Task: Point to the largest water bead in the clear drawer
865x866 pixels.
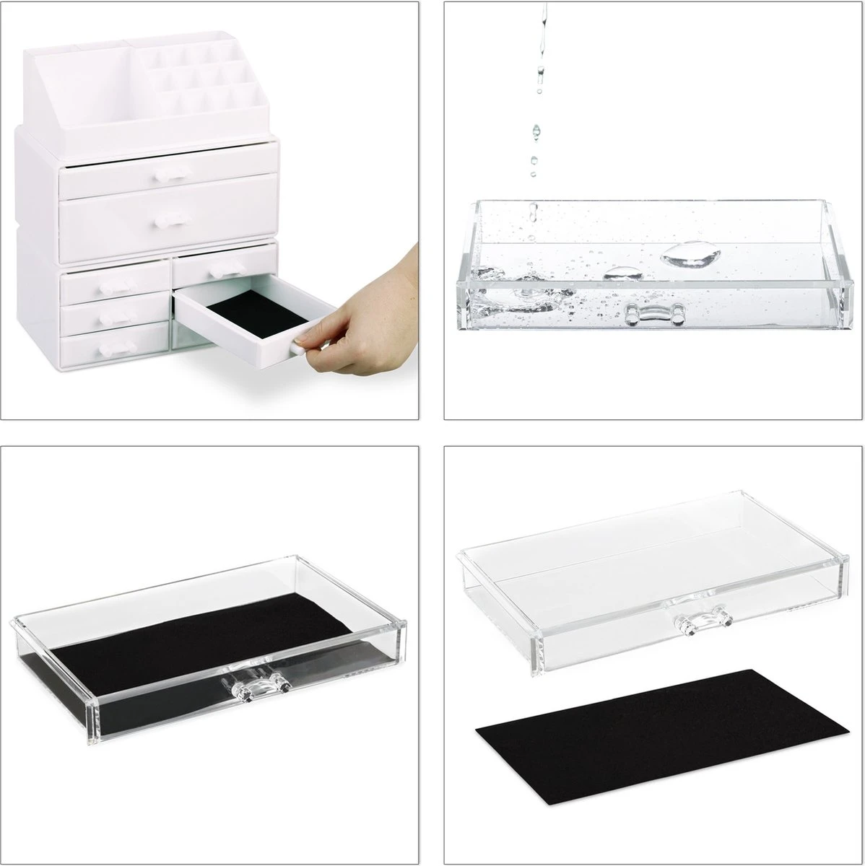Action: click(x=690, y=253)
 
